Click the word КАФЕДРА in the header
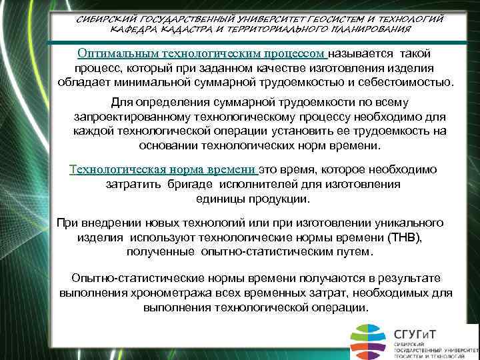pos(132,31)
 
